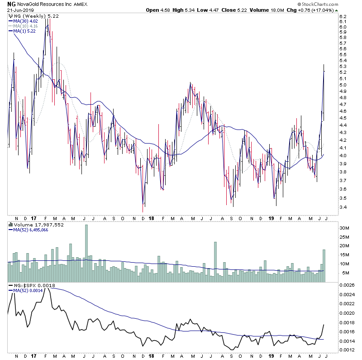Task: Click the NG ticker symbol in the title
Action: [x=11, y=4]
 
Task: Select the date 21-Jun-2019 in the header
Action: [x=20, y=10]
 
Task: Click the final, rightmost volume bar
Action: [x=324, y=266]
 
